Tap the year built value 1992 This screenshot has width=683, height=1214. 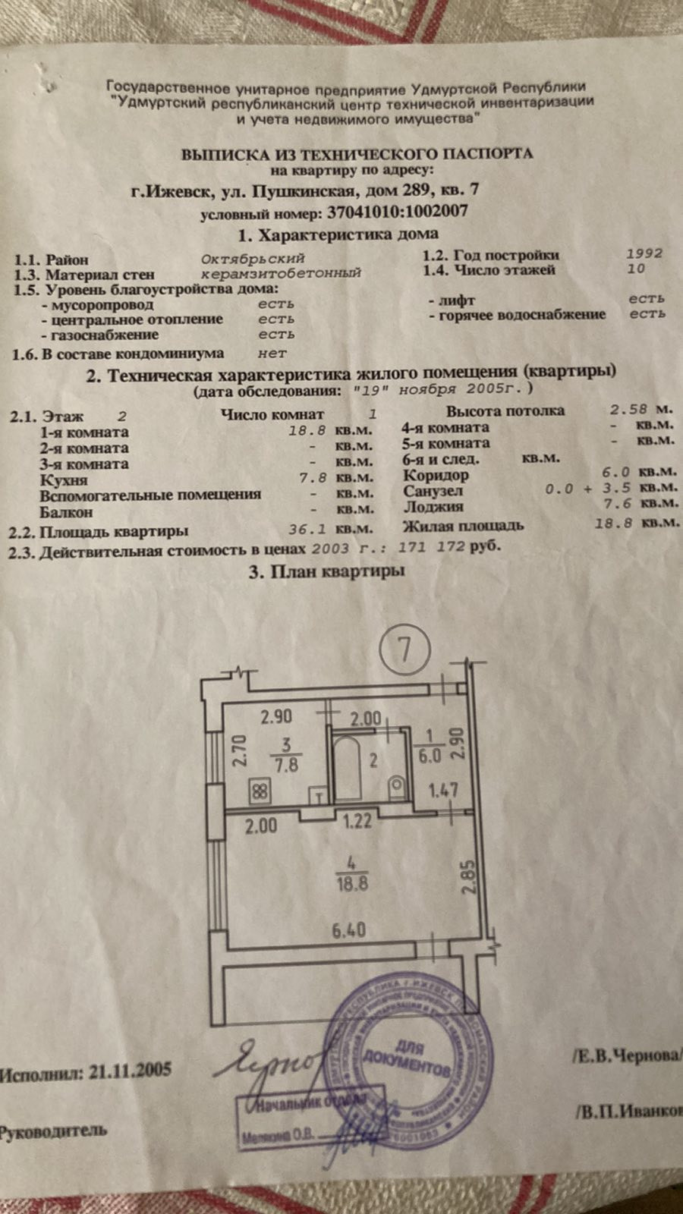pyautogui.click(x=644, y=253)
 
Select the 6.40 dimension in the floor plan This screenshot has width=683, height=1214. pyautogui.click(x=348, y=929)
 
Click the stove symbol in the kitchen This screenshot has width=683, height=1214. pyautogui.click(x=260, y=791)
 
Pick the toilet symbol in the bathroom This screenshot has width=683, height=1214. pyautogui.click(x=396, y=786)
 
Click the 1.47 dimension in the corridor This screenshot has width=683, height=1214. pyautogui.click(x=443, y=791)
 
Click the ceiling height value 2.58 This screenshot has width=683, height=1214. pyautogui.click(x=630, y=409)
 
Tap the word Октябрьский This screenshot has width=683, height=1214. pyautogui.click(x=253, y=258)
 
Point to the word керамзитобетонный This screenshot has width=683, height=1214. pyautogui.click(x=281, y=273)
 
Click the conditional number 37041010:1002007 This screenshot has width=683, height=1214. pyautogui.click(x=397, y=212)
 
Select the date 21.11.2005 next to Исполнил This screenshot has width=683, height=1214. pyautogui.click(x=130, y=1071)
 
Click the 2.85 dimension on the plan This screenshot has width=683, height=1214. pyautogui.click(x=471, y=876)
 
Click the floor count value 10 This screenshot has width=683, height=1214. pyautogui.click(x=637, y=268)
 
